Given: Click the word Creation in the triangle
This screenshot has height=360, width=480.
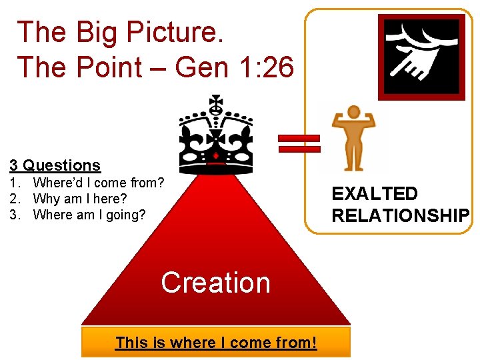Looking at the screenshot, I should click(x=215, y=283).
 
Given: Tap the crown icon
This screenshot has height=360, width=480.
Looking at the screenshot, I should click(x=216, y=133).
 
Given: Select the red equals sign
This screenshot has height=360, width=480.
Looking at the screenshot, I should click(x=299, y=143).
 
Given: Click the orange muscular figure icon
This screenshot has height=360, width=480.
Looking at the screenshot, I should click(x=354, y=139).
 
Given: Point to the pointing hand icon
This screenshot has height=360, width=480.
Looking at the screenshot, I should click(x=421, y=57).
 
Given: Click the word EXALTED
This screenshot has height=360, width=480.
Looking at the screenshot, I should click(x=375, y=194).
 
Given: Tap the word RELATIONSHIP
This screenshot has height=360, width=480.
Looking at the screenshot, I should click(x=400, y=216).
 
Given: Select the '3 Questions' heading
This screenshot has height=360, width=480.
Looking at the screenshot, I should click(x=55, y=165).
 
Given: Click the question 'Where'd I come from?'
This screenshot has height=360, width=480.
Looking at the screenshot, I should click(x=99, y=183).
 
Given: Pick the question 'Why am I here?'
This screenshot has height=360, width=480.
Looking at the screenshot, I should click(x=79, y=199).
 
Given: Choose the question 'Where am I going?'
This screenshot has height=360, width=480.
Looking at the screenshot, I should click(x=89, y=215).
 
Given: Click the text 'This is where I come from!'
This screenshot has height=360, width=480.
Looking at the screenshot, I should click(x=215, y=343).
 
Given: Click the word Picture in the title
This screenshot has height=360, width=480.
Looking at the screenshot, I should click(x=179, y=33).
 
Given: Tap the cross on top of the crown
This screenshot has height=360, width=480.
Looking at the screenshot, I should click(x=216, y=104).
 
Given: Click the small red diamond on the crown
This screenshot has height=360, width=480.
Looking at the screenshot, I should click(x=216, y=155).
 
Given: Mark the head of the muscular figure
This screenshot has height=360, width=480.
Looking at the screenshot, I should click(x=354, y=112).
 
